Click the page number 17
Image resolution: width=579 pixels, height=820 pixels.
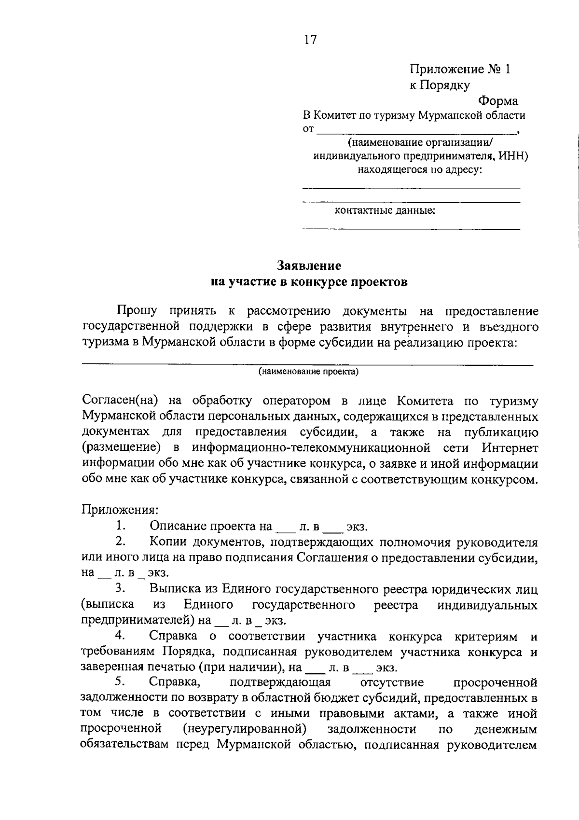[310, 40]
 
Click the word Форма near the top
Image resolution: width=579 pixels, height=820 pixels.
[498, 101]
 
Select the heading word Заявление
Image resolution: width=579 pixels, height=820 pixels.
[309, 266]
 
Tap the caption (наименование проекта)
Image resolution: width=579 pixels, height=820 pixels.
[308, 372]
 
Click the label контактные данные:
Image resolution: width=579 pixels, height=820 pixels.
[385, 211]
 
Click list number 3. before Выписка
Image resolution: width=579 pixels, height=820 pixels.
[121, 588]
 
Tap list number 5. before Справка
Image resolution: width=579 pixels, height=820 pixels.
[121, 682]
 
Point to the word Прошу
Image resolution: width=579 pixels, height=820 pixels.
[136, 311]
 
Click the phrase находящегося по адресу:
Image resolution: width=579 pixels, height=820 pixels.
[419, 170]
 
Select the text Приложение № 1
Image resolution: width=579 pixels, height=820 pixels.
[459, 69]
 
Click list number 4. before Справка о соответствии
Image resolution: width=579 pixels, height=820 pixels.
[121, 636]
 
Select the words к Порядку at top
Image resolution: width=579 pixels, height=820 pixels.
[440, 85]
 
